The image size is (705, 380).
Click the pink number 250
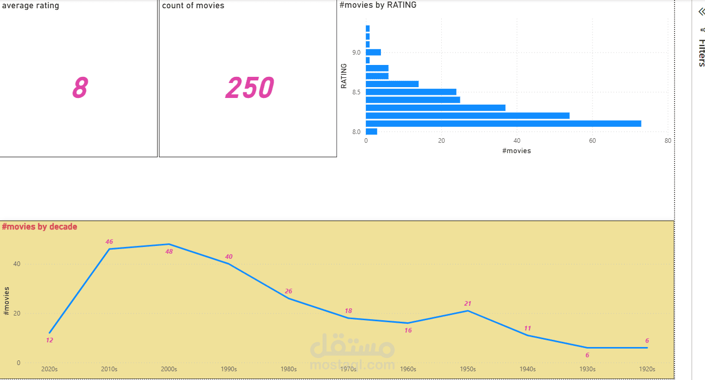click(249, 88)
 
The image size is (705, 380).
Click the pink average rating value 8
click(79, 88)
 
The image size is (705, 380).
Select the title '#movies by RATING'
click(378, 5)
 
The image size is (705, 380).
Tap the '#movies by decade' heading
click(40, 226)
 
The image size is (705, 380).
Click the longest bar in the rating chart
click(503, 124)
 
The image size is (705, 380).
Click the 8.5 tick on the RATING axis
click(356, 92)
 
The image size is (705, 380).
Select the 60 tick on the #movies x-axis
click(592, 141)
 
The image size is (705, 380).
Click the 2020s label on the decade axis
click(49, 369)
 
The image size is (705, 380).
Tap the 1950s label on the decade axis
click(468, 369)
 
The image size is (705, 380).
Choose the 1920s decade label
click(647, 369)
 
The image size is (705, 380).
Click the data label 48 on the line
click(169, 252)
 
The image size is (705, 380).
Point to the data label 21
click(468, 304)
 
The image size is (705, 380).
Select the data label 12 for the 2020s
click(49, 340)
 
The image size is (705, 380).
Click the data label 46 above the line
click(109, 242)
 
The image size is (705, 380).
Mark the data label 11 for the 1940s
click(527, 328)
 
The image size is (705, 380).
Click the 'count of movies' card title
click(193, 6)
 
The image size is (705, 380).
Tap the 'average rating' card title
click(30, 6)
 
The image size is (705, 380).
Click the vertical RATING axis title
click(344, 76)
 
